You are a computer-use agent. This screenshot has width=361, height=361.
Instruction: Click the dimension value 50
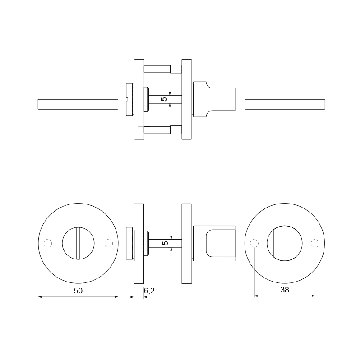click(x=78, y=291)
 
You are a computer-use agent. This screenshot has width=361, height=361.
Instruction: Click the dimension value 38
click(x=285, y=290)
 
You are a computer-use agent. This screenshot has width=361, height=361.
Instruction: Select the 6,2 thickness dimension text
click(x=149, y=291)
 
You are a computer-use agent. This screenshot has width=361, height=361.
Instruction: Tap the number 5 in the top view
click(x=164, y=99)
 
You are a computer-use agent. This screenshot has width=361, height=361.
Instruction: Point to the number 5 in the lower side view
click(x=165, y=243)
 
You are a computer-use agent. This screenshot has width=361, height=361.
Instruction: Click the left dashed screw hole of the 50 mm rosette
click(x=48, y=243)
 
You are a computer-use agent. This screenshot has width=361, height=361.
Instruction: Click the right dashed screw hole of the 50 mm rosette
click(x=108, y=243)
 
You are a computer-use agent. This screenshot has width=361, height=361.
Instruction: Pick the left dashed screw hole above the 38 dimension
click(x=254, y=243)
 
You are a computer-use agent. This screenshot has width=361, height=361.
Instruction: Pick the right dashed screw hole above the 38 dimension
click(x=315, y=243)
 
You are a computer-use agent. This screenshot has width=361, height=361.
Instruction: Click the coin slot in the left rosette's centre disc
click(x=78, y=243)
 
